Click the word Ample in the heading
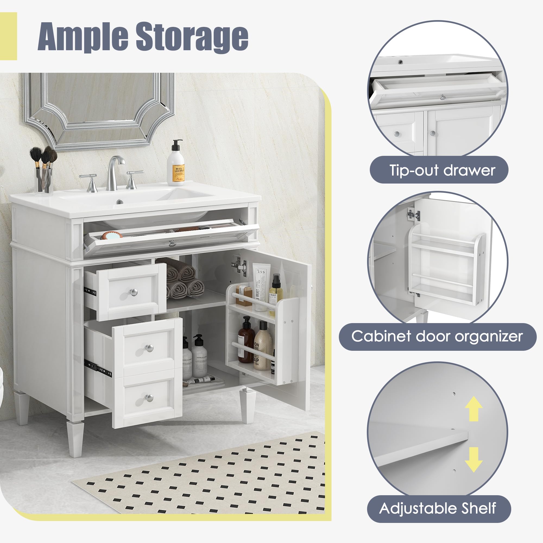83,37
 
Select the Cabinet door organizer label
437,336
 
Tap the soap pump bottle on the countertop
176,165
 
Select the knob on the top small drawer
134,292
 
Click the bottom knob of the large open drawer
149,398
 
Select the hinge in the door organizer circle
413,215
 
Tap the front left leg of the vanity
75,438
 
